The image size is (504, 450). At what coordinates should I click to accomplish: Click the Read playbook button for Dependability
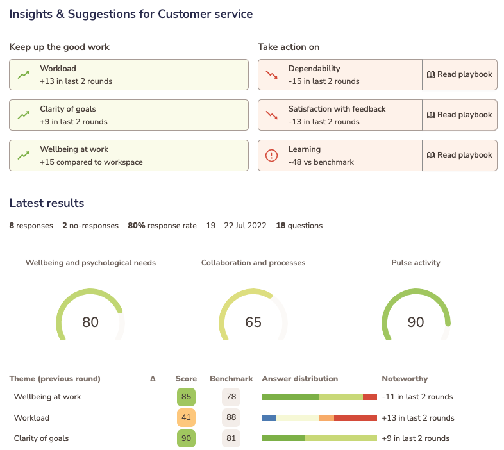[460, 74]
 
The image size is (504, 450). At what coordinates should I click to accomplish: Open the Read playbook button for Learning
[460, 155]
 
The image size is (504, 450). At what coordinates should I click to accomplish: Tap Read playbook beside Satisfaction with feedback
[460, 115]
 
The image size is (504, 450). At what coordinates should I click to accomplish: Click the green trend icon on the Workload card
[24, 75]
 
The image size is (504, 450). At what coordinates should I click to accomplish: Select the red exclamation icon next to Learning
[272, 156]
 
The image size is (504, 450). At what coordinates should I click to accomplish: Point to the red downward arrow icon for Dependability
[272, 75]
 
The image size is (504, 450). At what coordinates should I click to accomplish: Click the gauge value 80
[90, 322]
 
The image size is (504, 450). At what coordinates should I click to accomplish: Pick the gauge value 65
[253, 322]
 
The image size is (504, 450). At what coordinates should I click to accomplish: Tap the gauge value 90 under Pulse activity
[416, 322]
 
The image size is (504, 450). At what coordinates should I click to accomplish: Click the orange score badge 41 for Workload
[186, 418]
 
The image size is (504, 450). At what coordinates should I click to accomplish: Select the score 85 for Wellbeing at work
[186, 397]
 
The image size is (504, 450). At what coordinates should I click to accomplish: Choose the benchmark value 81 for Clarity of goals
[231, 439]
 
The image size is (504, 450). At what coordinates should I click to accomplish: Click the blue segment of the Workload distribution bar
[269, 418]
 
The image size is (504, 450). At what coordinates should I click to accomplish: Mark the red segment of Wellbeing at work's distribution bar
[370, 397]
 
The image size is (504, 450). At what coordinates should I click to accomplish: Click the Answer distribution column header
[299, 379]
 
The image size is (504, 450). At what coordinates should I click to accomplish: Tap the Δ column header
[153, 379]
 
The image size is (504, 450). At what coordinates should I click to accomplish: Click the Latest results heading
[46, 203]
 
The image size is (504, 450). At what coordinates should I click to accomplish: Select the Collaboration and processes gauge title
[253, 263]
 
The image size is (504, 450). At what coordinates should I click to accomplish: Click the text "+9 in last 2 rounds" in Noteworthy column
[416, 439]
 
